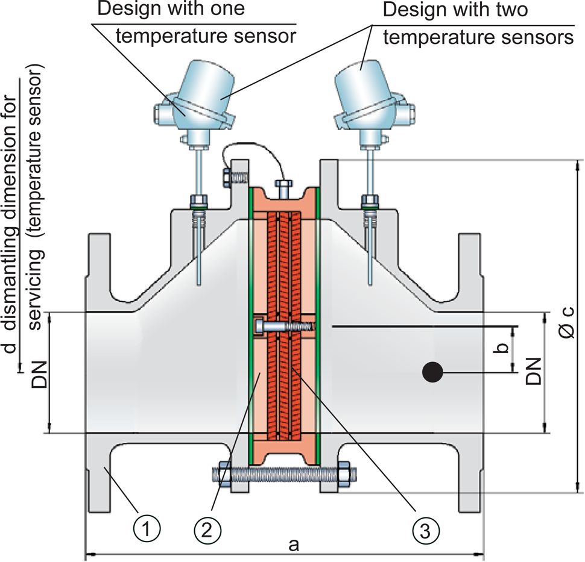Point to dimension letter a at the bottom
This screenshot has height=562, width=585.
[294, 545]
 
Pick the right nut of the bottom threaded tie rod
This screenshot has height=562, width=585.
[345, 473]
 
